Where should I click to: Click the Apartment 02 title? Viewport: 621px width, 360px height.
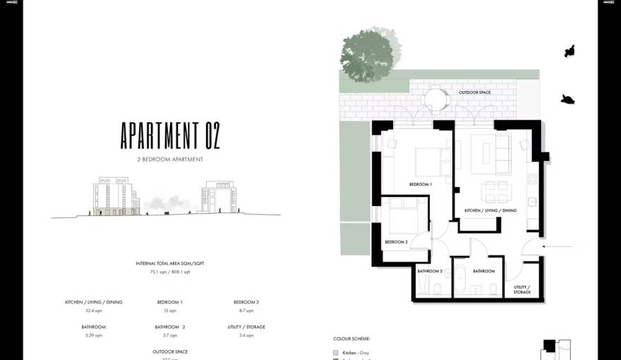coord(170,136)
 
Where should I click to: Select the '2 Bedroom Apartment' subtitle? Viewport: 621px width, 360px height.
coord(170,160)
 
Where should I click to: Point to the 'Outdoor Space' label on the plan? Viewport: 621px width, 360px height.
coord(474,92)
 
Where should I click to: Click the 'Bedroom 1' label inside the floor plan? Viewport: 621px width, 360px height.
coord(421,184)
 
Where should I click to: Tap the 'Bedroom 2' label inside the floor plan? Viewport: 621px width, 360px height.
coord(396,242)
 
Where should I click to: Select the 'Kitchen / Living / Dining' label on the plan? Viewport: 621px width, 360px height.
coord(490,210)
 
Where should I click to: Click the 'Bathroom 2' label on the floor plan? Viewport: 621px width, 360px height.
coord(430,271)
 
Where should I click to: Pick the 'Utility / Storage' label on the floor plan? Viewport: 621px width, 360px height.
coord(522,289)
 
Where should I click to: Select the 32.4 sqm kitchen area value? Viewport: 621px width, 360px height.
coord(93,311)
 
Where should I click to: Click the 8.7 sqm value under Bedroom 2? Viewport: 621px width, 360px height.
coord(246,311)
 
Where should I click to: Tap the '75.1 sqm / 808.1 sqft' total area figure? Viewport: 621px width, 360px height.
coord(169,272)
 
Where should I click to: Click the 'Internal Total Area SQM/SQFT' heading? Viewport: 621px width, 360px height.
coord(169,263)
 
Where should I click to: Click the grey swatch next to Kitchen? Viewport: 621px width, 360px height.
coord(336,352)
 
